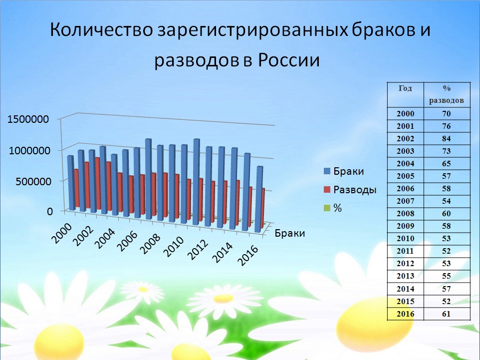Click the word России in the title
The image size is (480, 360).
pos(289,60)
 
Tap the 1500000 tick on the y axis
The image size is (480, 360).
pos(28,119)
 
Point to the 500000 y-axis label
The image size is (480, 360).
pos(33,181)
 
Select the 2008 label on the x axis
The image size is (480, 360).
pos(150,244)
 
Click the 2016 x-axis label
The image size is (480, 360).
pos(248,255)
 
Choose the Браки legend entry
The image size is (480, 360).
pos(344,171)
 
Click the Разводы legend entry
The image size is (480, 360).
pos(350,190)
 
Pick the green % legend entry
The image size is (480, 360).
pos(333,208)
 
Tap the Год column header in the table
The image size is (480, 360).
pos(405,88)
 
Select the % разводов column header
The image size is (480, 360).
pos(447,94)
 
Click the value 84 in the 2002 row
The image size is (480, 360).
pos(447,138)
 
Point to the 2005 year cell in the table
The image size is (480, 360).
pos(405,176)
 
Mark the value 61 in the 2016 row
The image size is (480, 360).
pos(447,314)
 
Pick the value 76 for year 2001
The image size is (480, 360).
pos(447,126)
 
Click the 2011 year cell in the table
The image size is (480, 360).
pos(405,251)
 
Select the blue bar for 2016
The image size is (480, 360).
pos(259,199)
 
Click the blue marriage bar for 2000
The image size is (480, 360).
pos(71,183)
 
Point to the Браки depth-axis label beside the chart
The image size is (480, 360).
pos(289,234)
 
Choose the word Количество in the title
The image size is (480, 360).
pos(101,30)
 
